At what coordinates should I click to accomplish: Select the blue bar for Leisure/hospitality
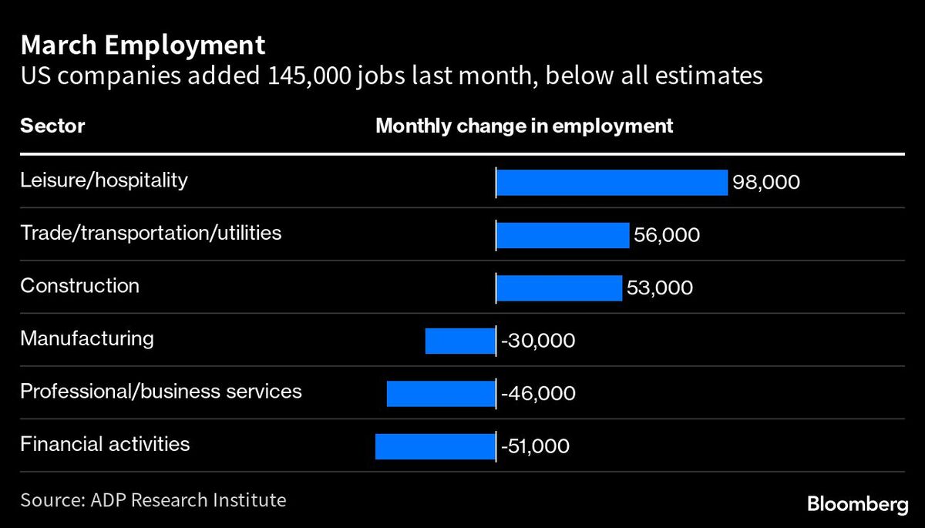tap(611, 183)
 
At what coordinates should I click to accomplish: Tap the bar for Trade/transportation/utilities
tap(562, 235)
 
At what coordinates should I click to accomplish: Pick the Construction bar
tap(558, 288)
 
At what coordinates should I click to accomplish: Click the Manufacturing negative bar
tap(459, 341)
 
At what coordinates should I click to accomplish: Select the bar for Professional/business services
tap(440, 393)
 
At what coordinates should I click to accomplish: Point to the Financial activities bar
tap(435, 446)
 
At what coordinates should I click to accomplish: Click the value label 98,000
tap(766, 183)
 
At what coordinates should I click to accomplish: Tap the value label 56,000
tap(667, 235)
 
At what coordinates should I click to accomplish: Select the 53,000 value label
tap(659, 288)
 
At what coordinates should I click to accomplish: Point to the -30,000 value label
tap(538, 341)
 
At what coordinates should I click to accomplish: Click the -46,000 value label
tap(538, 393)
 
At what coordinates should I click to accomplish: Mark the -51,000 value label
tap(535, 446)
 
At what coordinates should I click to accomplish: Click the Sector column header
tap(52, 126)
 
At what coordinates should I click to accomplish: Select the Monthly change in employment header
tap(524, 126)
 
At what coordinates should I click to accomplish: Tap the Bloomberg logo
tap(857, 505)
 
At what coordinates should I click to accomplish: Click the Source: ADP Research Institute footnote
tap(153, 500)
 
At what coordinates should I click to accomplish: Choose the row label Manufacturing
tap(86, 338)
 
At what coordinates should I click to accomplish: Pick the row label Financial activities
tap(105, 444)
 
